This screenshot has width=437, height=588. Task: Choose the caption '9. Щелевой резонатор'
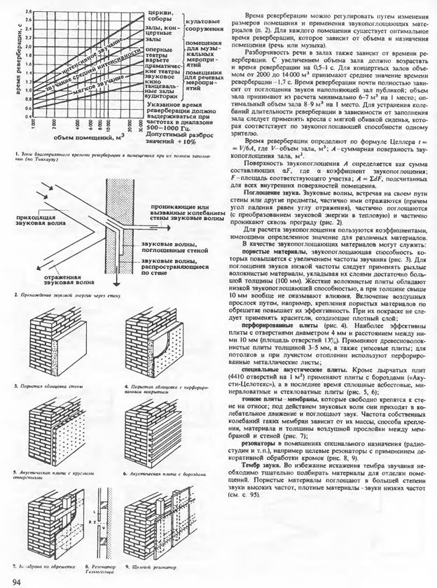pyautogui.click(x=148, y=565)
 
